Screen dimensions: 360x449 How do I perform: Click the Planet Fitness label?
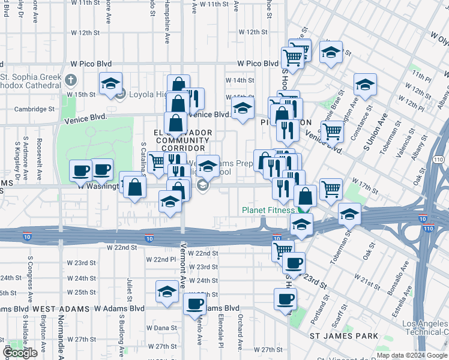(268, 210)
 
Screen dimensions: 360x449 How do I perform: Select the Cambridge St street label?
(35, 109)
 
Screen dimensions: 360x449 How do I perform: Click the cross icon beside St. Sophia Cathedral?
(71, 79)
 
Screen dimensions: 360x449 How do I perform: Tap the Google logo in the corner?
(20, 353)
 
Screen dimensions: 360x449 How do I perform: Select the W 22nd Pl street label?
(164, 259)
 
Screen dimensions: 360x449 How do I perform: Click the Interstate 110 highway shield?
(438, 160)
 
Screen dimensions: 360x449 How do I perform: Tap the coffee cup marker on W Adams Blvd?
(195, 304)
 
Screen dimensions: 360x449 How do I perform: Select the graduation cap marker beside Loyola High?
(111, 85)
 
